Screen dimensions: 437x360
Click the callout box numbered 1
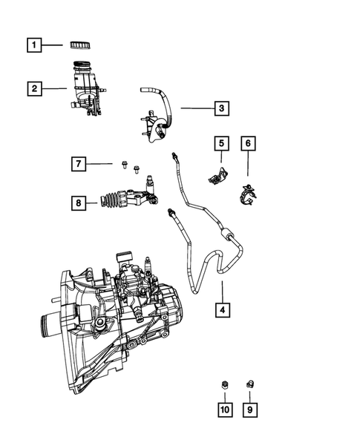tap(33, 45)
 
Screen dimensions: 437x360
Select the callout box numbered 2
tap(33, 89)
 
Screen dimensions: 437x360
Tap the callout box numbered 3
tap(220, 109)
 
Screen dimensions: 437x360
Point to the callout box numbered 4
tap(220, 309)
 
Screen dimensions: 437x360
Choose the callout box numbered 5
tap(220, 142)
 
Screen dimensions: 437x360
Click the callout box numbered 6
tap(249, 142)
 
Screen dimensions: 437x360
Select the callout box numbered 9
tap(250, 408)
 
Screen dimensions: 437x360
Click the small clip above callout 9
tap(250, 384)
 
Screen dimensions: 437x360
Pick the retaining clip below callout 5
tap(217, 177)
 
